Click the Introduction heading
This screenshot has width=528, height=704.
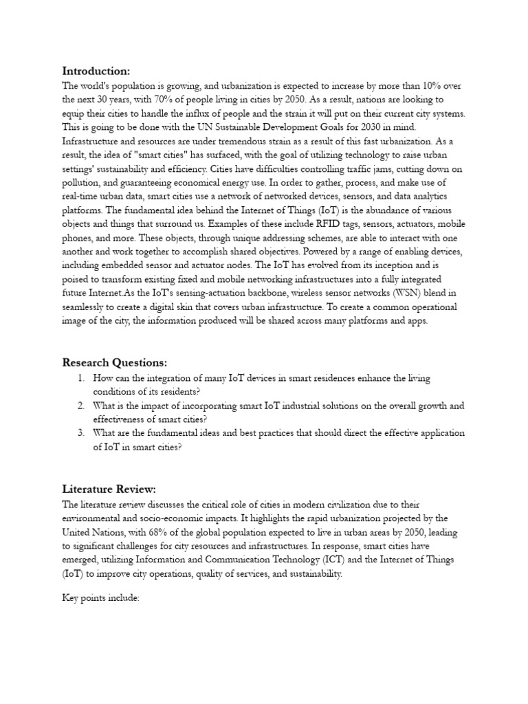[x=96, y=71]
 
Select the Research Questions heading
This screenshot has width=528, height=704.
[x=115, y=362]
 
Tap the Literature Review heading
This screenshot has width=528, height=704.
[x=109, y=489]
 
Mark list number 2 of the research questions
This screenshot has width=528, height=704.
[x=80, y=406]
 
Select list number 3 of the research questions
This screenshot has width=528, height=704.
[x=80, y=433]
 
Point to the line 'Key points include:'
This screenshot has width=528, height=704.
[x=100, y=598]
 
